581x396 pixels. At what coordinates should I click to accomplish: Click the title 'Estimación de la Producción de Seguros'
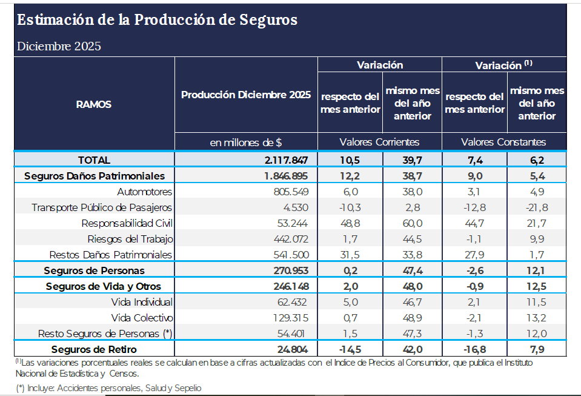click(x=157, y=20)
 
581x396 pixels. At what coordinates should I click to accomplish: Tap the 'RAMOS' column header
click(x=94, y=104)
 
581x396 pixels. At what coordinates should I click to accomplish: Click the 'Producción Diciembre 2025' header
click(x=246, y=95)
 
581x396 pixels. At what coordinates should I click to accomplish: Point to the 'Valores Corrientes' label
click(x=379, y=142)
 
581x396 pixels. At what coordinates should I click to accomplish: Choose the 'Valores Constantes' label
click(x=503, y=142)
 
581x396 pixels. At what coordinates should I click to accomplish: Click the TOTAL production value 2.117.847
click(x=287, y=160)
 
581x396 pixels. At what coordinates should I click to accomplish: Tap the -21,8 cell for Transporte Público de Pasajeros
click(x=536, y=207)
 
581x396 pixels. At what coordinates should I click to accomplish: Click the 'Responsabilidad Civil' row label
click(x=127, y=223)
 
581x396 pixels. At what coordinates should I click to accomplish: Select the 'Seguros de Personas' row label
click(x=94, y=270)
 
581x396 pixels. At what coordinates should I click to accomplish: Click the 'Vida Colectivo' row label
click(x=142, y=318)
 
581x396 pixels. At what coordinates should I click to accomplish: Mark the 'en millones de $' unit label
click(x=246, y=142)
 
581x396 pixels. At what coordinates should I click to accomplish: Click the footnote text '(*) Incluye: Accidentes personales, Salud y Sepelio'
click(x=109, y=388)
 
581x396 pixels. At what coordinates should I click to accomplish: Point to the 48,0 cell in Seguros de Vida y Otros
click(x=412, y=286)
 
